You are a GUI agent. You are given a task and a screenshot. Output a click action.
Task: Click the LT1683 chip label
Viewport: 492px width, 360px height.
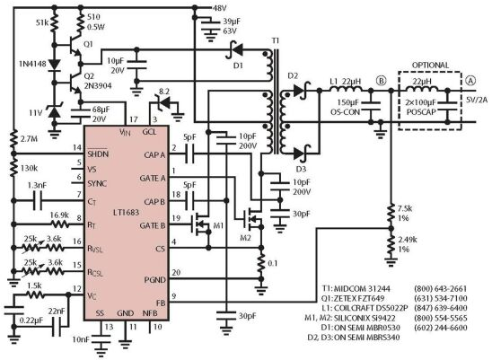[126, 212]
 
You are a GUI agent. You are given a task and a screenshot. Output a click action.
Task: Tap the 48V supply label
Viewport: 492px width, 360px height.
[220, 8]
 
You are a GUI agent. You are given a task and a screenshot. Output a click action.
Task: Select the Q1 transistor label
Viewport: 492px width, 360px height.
[88, 44]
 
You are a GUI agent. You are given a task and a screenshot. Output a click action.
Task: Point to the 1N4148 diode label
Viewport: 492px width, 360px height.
[32, 64]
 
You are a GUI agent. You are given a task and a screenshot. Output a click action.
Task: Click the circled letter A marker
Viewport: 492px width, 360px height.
[470, 81]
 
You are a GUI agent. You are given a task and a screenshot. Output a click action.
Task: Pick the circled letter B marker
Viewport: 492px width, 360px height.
[382, 81]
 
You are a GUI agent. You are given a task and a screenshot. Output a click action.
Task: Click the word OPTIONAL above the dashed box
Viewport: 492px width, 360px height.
[430, 66]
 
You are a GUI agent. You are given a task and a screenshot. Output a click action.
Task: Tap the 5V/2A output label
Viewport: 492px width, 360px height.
[477, 100]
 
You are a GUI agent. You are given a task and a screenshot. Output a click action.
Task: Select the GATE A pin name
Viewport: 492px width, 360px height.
[153, 179]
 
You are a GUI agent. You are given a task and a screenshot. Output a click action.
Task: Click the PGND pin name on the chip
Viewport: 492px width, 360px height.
[155, 280]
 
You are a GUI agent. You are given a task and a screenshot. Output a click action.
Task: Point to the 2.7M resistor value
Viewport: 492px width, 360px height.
[28, 138]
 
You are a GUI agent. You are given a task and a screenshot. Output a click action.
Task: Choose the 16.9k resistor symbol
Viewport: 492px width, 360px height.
[59, 224]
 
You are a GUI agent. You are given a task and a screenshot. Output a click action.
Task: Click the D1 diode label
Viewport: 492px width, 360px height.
[239, 66]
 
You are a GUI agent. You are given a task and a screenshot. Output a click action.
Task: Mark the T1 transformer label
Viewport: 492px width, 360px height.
[276, 41]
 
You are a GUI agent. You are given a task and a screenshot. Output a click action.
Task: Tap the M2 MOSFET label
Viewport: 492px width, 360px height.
[245, 238]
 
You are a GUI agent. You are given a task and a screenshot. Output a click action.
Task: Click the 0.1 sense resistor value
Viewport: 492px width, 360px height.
[272, 263]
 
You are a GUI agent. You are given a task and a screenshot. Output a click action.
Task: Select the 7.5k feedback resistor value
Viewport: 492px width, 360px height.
[405, 208]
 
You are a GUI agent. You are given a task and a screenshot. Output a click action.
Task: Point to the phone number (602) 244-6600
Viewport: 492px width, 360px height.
[441, 328]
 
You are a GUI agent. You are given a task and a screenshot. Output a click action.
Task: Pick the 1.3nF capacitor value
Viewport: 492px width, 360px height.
[37, 185]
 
